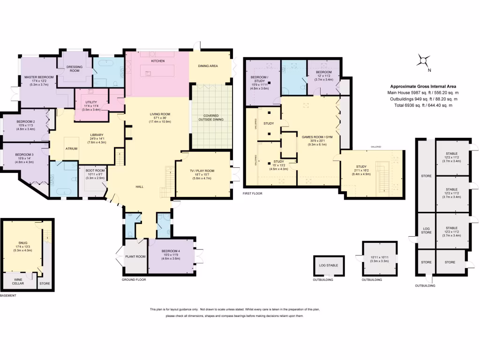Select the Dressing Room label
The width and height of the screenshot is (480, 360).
pos(75,69)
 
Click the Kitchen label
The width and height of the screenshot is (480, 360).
pos(157,61)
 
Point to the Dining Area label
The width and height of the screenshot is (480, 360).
pos(208,66)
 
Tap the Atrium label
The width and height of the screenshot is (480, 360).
pos(72,149)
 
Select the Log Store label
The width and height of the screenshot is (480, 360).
pos(426,230)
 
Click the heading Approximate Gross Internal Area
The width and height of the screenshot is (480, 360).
pos(423,87)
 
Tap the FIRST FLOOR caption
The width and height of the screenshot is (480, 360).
pos(252,193)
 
